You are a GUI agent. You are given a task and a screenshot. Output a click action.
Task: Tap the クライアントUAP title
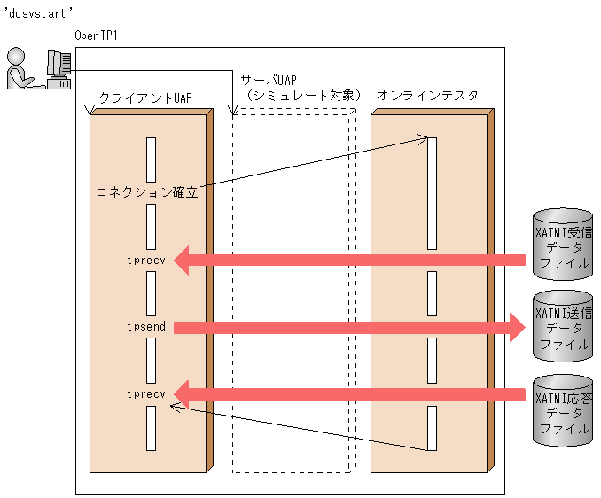coord(145,96)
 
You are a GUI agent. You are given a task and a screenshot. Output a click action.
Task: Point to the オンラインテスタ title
coord(427,95)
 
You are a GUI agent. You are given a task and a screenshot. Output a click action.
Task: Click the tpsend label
coord(146,327)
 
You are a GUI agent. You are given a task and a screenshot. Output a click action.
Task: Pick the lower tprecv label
coord(146,393)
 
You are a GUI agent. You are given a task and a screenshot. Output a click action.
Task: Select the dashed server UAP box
coord(292,292)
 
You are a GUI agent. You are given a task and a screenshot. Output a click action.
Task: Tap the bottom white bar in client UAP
coord(152,428)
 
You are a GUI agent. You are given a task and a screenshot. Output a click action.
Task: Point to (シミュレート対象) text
coord(303,95)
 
